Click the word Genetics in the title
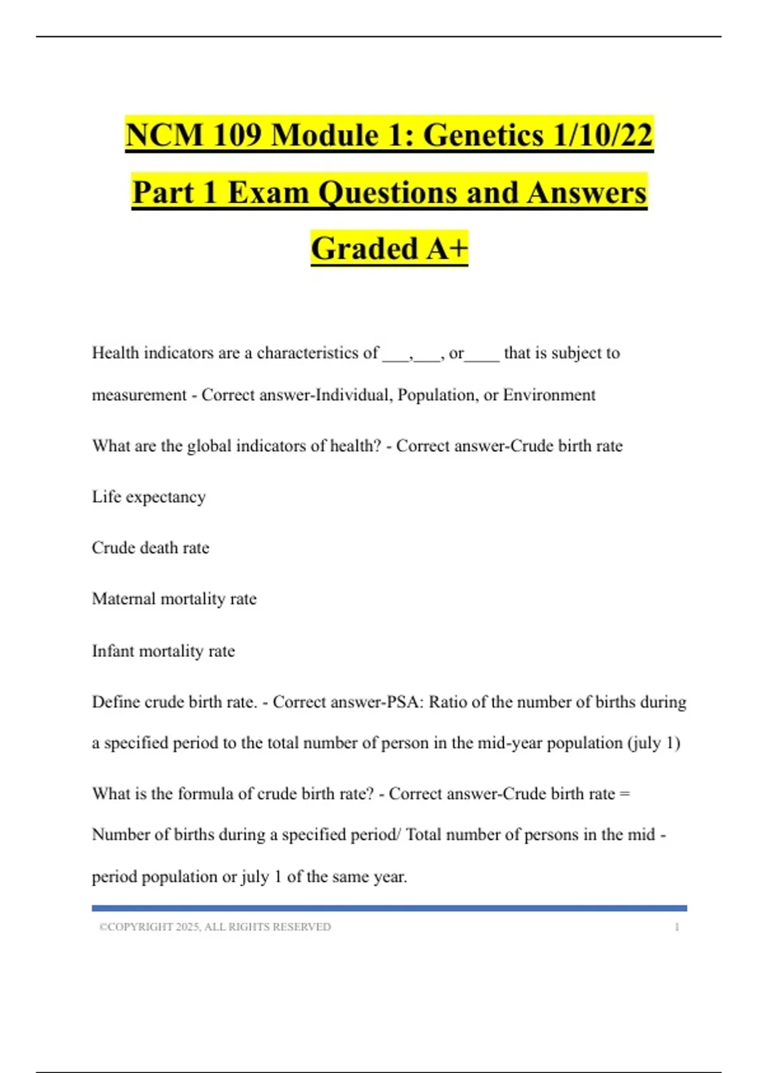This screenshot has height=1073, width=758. (x=483, y=135)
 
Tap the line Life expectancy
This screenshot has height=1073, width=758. (x=149, y=497)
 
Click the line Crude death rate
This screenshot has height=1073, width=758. (x=150, y=548)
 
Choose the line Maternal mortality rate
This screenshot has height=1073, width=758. (x=174, y=599)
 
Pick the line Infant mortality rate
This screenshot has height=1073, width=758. (x=164, y=651)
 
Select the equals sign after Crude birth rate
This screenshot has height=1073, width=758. (x=625, y=793)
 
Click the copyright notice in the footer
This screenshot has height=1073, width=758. (x=215, y=927)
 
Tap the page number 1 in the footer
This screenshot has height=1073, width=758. (x=677, y=927)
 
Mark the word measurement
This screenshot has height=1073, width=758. (x=139, y=395)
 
